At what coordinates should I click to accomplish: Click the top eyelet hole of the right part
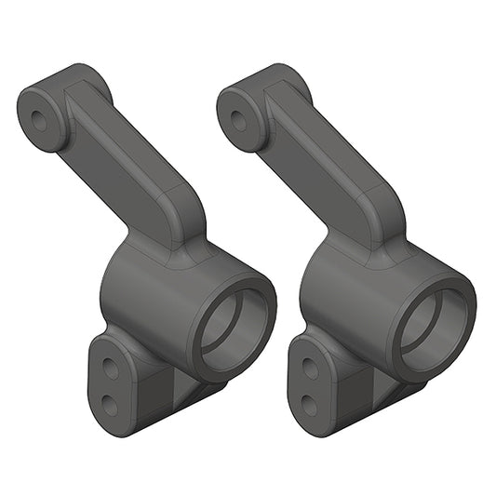[237, 119]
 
